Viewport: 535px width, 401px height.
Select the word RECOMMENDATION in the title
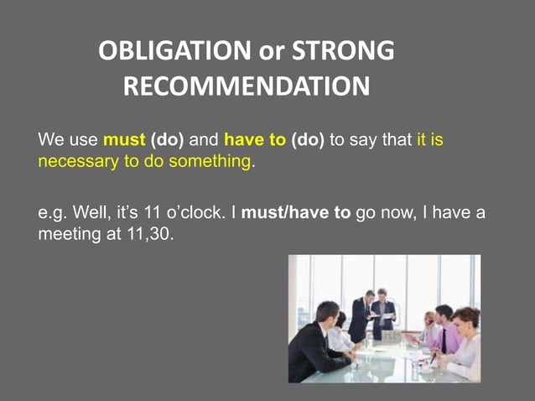pyautogui.click(x=246, y=87)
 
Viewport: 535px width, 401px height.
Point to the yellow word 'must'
pyautogui.click(x=123, y=140)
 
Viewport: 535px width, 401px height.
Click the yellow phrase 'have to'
pyautogui.click(x=255, y=140)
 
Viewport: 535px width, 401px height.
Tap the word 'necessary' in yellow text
pyautogui.click(x=78, y=160)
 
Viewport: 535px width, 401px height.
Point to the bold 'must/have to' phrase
pyautogui.click(x=296, y=212)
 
